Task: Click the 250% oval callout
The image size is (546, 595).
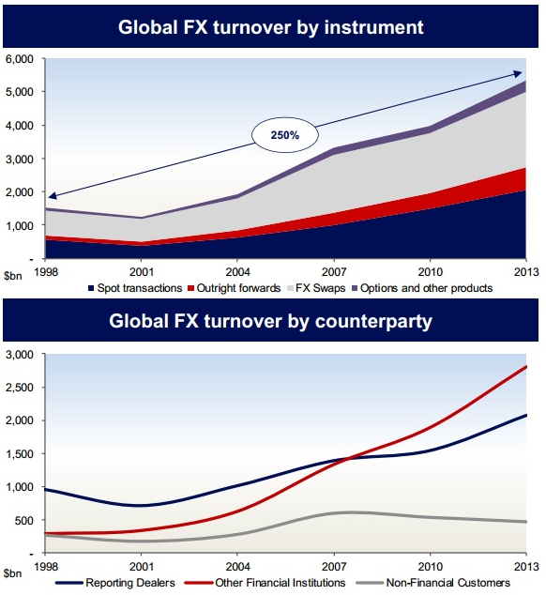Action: [286, 135]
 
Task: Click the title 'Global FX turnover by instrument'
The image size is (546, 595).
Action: [271, 27]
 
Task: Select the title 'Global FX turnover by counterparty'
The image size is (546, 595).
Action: [271, 323]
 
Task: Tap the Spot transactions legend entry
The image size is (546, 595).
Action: [136, 288]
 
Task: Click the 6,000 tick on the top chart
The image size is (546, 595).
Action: [20, 58]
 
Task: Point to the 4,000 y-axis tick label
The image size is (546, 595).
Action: [20, 125]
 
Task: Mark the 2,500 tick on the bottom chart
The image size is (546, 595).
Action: [20, 388]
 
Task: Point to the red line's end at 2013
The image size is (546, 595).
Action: [525, 367]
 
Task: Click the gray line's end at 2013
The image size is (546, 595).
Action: [525, 522]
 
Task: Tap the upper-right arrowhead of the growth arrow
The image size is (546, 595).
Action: [521, 74]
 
